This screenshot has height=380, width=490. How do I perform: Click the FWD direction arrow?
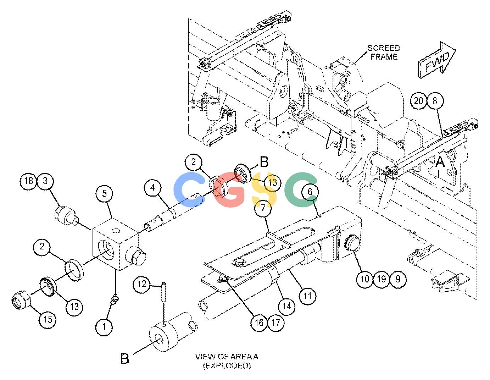click(436, 60)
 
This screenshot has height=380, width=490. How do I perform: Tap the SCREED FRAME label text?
click(384, 52)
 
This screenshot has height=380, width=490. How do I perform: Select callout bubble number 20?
click(418, 101)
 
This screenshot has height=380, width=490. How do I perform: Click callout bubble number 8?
click(435, 101)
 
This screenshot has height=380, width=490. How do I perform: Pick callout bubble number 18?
click(29, 181)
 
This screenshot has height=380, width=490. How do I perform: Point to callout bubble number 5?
click(104, 194)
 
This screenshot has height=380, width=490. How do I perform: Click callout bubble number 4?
click(153, 188)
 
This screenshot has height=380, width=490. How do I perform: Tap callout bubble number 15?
click(48, 320)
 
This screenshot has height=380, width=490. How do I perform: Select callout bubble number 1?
click(104, 326)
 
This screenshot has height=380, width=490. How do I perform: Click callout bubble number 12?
click(141, 284)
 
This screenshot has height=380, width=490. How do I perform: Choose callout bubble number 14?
click(286, 306)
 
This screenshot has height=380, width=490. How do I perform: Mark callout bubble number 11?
click(307, 296)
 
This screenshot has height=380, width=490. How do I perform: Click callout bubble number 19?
click(381, 279)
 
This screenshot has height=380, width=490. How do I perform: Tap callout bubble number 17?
click(276, 323)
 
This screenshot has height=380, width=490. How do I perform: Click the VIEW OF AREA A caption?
click(227, 361)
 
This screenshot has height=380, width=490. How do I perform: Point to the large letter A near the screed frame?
click(440, 162)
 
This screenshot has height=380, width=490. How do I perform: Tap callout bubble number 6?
click(310, 192)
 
